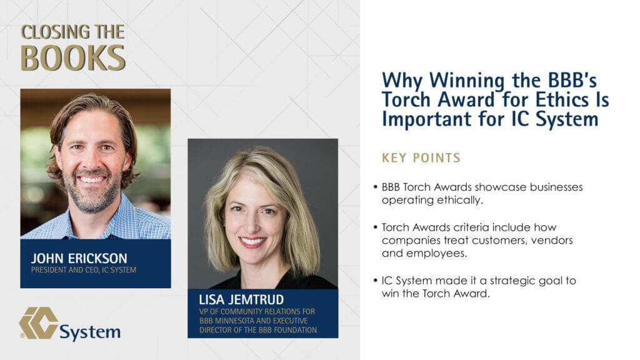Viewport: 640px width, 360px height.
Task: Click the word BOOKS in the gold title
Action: pyautogui.click(x=73, y=57)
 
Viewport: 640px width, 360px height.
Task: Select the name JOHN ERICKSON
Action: pyautogui.click(x=79, y=258)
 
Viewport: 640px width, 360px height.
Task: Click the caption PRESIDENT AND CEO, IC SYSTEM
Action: pyautogui.click(x=84, y=270)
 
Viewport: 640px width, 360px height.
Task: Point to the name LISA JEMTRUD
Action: pyautogui.click(x=241, y=299)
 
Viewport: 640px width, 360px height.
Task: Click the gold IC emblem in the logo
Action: pyautogui.click(x=38, y=323)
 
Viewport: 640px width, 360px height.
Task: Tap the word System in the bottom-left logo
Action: pyautogui.click(x=90, y=332)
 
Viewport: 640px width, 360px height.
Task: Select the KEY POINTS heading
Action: pyautogui.click(x=421, y=158)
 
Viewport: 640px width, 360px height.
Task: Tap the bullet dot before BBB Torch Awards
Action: pyautogui.click(x=376, y=187)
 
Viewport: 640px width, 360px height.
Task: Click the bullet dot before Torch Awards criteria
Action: pyautogui.click(x=376, y=227)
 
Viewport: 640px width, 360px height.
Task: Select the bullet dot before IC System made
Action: pyautogui.click(x=376, y=281)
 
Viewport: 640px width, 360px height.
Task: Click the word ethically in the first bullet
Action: pyautogui.click(x=460, y=201)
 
